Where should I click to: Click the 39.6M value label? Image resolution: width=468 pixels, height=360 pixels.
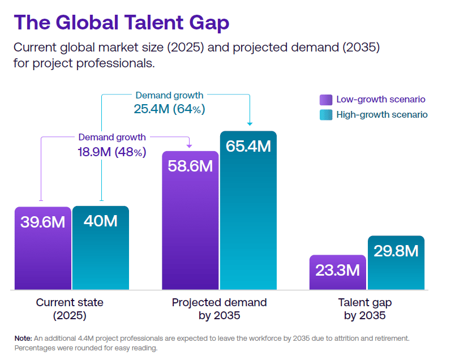coord(43,222)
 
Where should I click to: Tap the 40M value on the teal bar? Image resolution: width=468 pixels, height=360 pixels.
coord(100,221)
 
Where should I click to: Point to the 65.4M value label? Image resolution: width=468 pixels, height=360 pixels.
coord(248,146)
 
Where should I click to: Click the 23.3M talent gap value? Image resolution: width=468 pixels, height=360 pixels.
coord(337,270)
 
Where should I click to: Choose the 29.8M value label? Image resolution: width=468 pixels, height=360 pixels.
coord(396,251)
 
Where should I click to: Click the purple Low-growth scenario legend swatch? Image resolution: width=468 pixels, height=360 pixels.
coord(325,100)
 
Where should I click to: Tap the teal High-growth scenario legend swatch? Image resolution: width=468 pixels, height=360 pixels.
coord(325,115)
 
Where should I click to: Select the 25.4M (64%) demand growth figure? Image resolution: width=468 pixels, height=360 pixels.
coord(169,109)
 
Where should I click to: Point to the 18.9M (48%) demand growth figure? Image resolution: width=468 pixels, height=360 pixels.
coord(112,152)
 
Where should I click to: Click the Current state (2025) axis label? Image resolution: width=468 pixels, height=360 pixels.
coord(70,308)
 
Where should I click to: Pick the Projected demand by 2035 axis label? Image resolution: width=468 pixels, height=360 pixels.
coord(219,308)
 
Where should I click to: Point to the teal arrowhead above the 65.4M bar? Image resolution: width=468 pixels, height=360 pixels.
coord(249,123)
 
